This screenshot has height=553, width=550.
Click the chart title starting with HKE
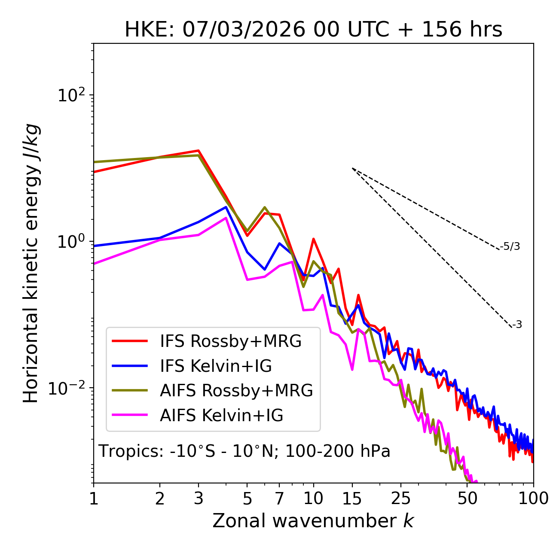point(313,30)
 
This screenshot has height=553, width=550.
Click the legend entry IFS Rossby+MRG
point(231,341)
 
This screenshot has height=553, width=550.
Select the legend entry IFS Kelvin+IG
point(216,366)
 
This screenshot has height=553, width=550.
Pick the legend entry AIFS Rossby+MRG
point(236,390)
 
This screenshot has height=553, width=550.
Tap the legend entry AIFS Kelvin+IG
point(221,415)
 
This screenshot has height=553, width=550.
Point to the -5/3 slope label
point(510,246)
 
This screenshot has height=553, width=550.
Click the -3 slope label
point(517,325)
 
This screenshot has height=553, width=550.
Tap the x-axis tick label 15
point(352,498)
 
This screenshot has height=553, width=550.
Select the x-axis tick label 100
point(533,498)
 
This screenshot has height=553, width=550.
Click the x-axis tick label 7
point(279,498)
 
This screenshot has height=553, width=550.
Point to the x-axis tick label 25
point(401,498)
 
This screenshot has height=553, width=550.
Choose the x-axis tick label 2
point(160,498)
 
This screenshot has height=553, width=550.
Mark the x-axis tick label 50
point(467,498)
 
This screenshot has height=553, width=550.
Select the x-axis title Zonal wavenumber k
point(313,521)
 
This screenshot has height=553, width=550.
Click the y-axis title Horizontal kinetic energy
point(31,263)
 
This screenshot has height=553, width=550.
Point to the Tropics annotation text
point(244,451)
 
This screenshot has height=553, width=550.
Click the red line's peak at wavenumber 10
point(313,239)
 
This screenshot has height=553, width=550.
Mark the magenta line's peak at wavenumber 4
point(226,218)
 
